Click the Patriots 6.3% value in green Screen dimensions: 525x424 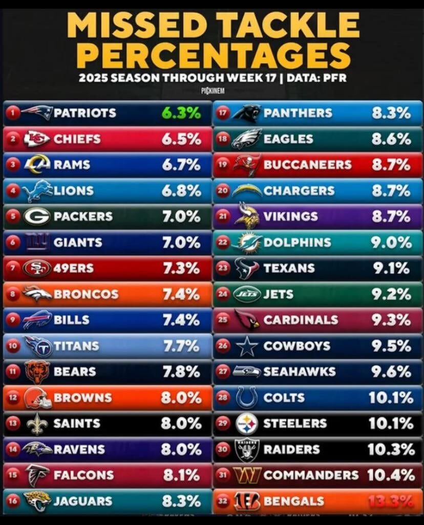181,113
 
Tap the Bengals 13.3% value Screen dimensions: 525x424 391,501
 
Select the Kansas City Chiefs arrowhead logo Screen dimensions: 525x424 36,139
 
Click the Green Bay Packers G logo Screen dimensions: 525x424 36,216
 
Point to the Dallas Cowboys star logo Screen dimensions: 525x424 247,346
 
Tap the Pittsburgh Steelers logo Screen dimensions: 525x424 247,423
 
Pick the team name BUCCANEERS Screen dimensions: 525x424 307,165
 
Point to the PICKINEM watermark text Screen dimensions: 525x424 211,91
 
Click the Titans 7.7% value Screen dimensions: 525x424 181,346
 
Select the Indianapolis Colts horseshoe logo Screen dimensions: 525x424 247,397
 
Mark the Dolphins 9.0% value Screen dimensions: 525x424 391,242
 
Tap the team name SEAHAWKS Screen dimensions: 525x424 300,372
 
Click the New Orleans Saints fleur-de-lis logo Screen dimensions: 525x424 36,424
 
